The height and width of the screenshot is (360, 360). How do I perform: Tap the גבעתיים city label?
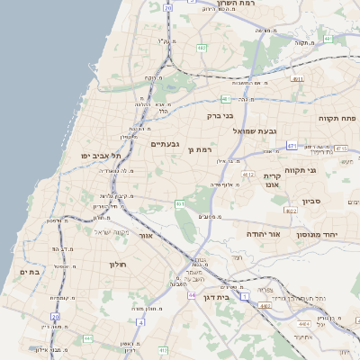point(167,144)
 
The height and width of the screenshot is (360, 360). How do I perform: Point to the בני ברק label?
point(220,115)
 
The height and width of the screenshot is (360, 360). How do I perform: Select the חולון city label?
point(119,265)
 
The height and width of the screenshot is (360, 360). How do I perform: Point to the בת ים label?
point(30,271)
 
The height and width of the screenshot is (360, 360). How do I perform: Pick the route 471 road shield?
point(292,146)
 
